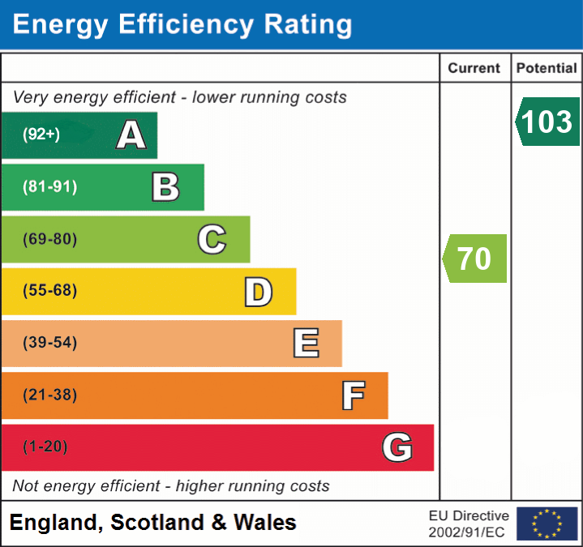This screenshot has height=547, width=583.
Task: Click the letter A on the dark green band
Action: [x=131, y=135]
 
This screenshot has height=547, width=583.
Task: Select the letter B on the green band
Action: [x=165, y=187]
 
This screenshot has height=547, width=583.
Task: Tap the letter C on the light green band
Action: [x=212, y=239]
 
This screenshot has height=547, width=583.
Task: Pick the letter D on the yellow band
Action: [x=258, y=291]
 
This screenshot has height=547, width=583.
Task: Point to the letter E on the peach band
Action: [x=306, y=344]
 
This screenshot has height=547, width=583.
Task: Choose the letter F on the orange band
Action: [x=353, y=395]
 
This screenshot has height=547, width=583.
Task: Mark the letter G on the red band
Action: [x=397, y=447]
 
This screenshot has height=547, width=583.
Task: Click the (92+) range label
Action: [x=41, y=135]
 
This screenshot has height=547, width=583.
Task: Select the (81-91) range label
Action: [x=50, y=187]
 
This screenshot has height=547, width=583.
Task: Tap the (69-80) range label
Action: [x=50, y=239]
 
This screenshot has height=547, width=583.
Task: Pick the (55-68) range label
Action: [x=50, y=291]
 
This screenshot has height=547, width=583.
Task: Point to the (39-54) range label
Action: [x=50, y=343]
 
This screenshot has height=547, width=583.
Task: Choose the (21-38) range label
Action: [x=50, y=395]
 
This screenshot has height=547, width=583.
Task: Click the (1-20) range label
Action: [x=45, y=447]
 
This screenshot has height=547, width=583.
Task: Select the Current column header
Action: [x=474, y=69]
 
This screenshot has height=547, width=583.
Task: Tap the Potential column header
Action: [x=547, y=69]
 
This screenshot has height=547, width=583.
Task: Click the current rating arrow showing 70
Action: [x=475, y=259]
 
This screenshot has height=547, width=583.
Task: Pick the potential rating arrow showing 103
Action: [x=547, y=122]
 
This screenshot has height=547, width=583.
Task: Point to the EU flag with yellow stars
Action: [x=547, y=523]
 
